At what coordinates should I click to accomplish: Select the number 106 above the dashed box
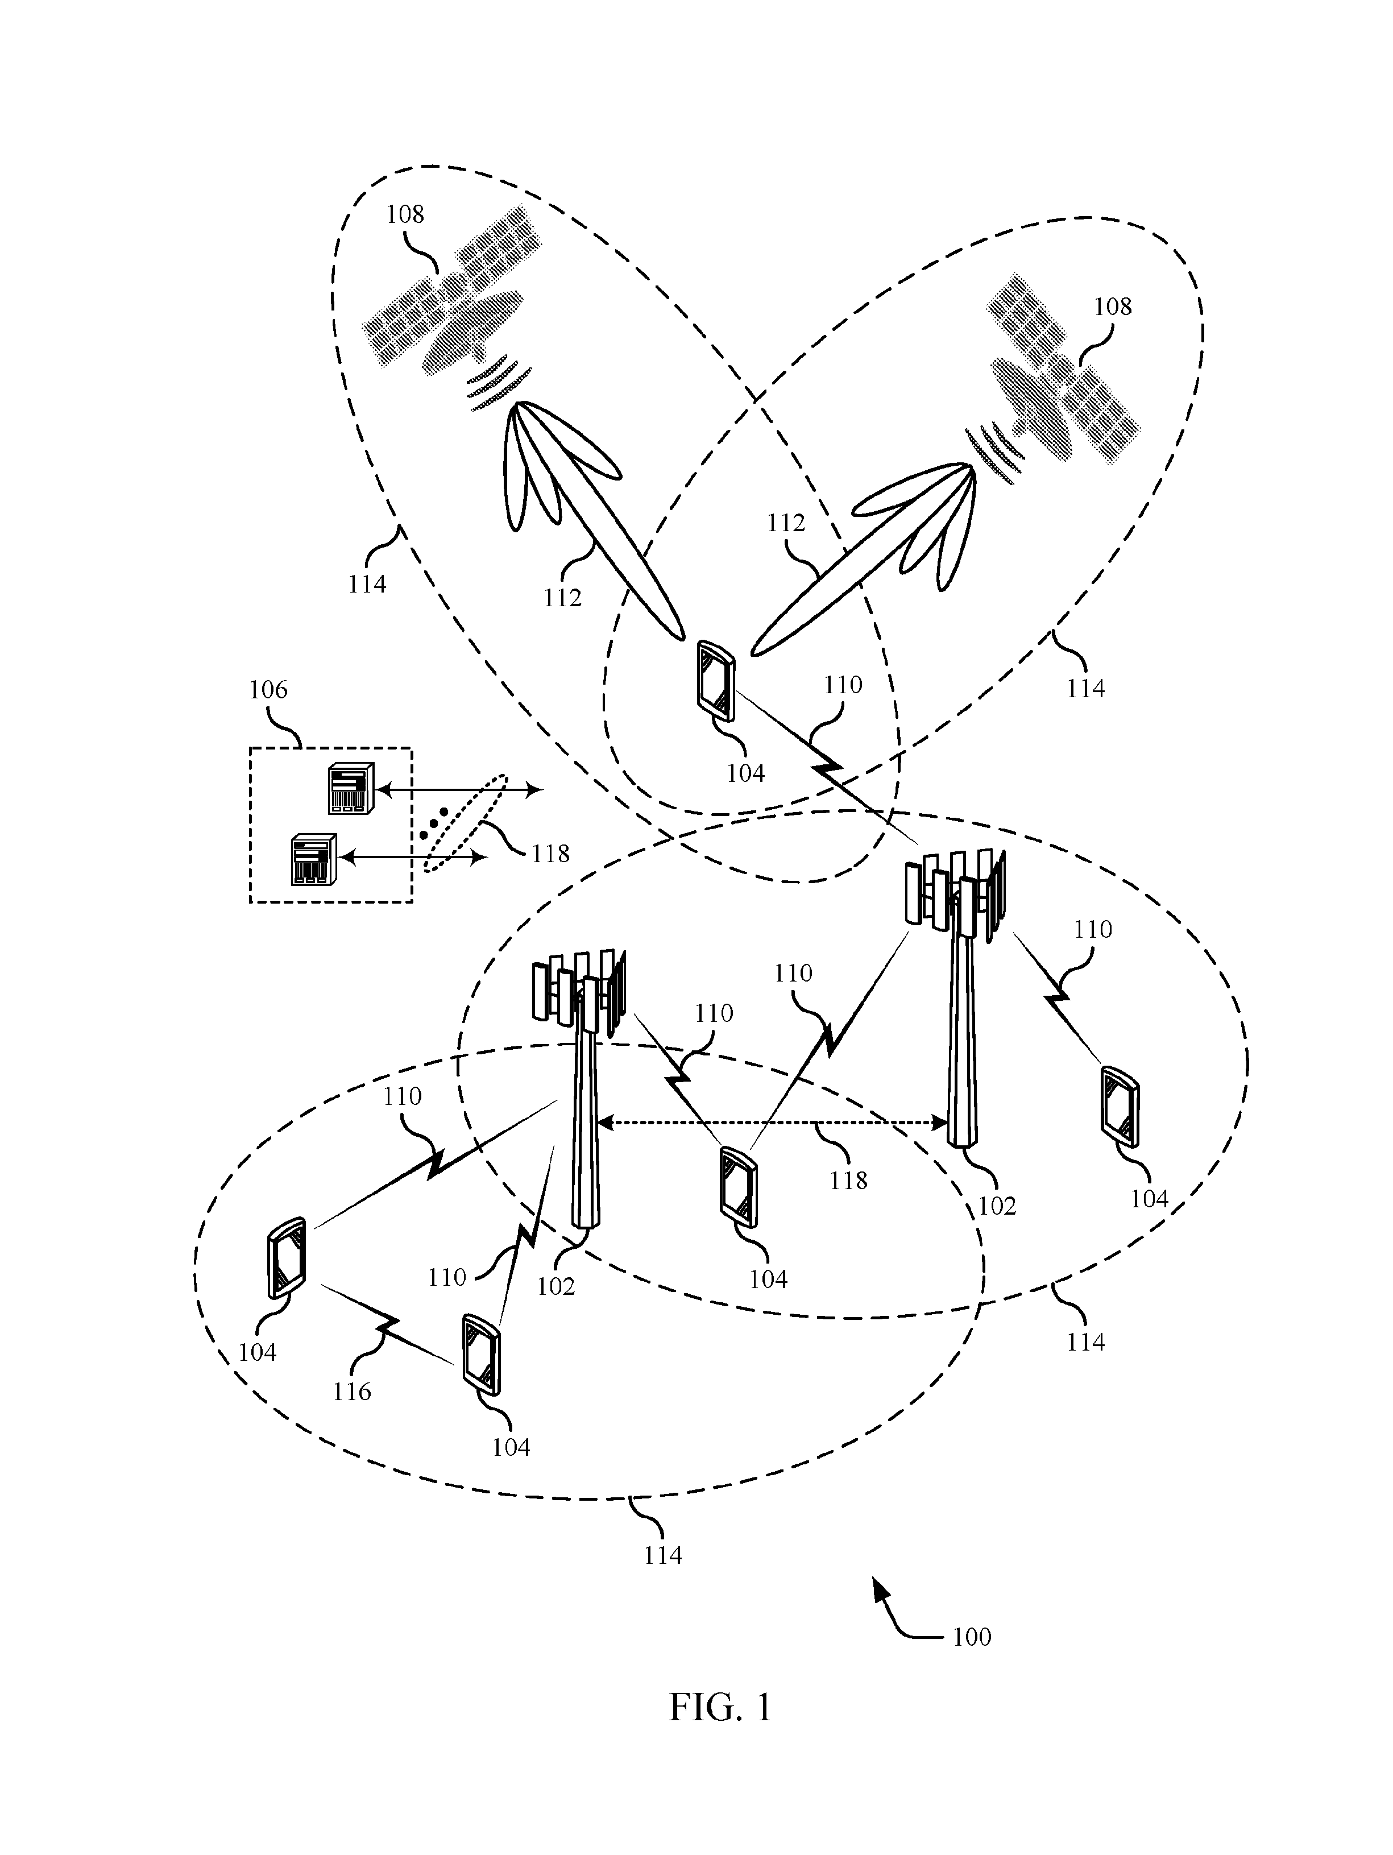click(x=268, y=690)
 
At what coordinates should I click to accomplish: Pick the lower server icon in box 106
click(x=313, y=860)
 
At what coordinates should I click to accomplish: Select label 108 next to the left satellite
click(x=405, y=215)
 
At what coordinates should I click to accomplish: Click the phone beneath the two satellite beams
click(x=715, y=681)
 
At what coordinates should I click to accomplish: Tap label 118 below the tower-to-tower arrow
click(x=848, y=1180)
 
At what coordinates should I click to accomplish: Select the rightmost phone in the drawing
click(x=1121, y=1106)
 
